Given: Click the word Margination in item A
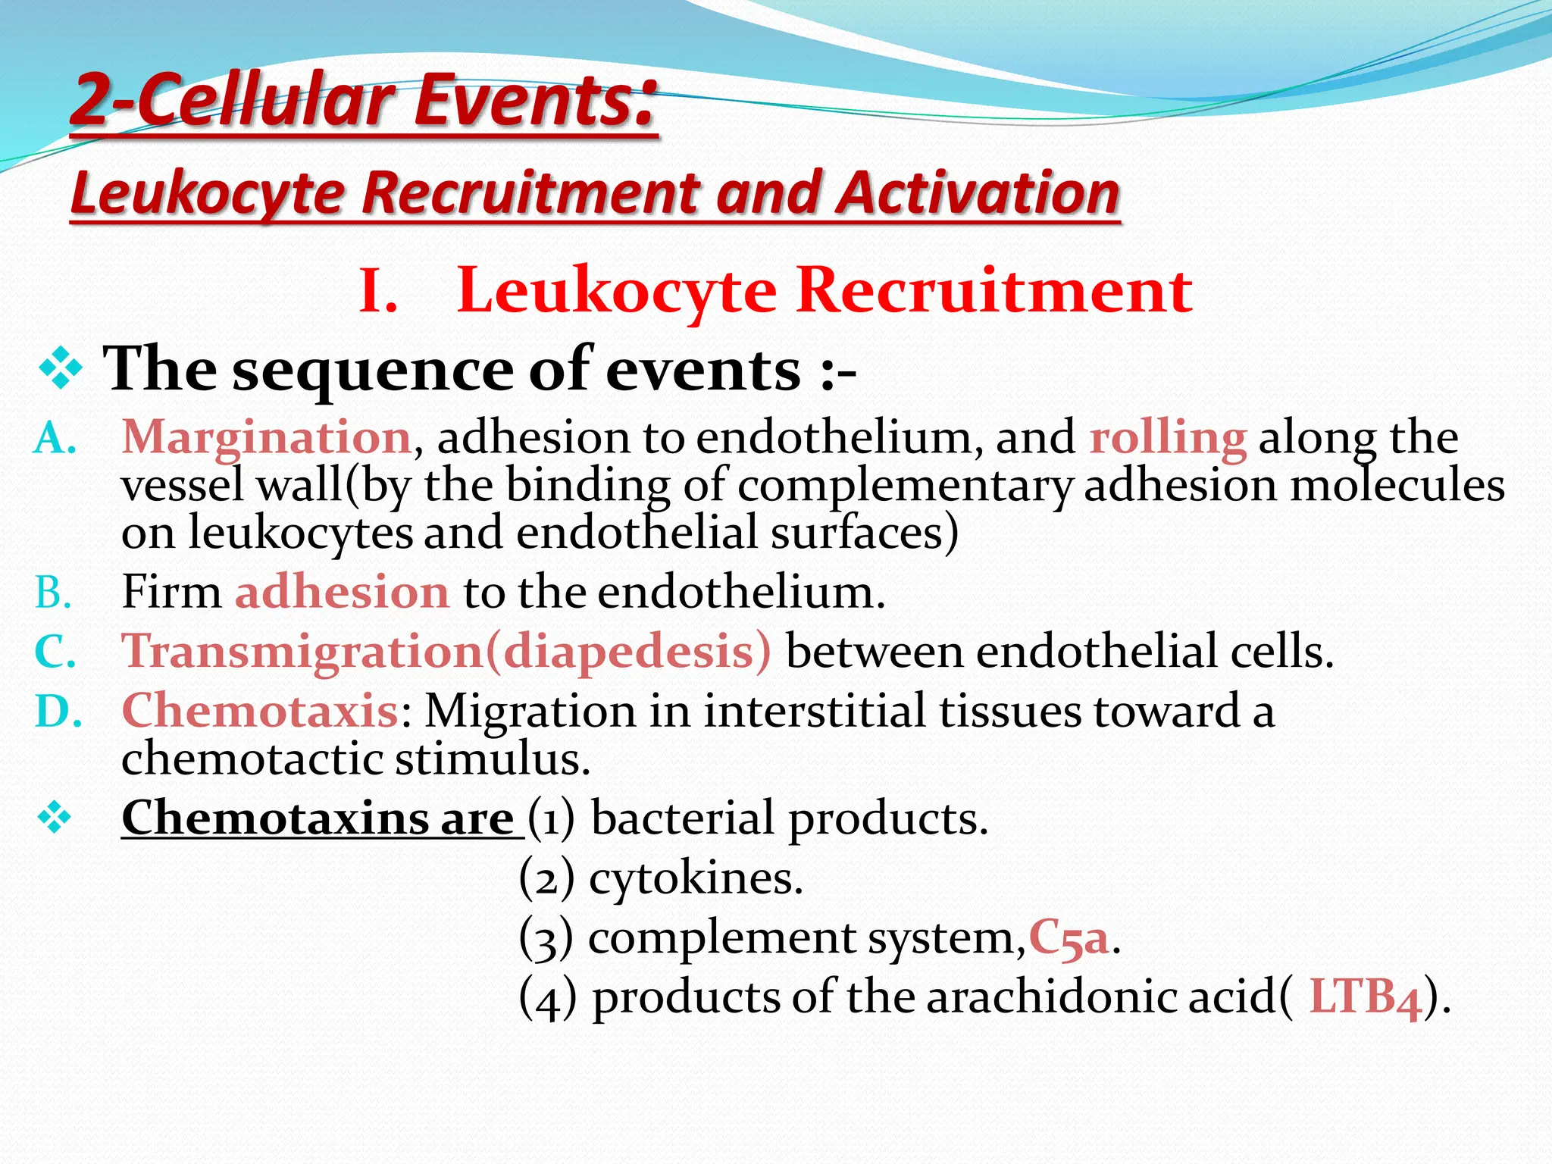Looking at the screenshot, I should (x=266, y=439).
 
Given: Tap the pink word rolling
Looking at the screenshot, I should (x=1168, y=439).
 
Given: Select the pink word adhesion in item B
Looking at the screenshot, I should (x=342, y=592).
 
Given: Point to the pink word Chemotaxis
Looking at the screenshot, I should (x=260, y=711).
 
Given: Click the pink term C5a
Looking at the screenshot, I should (x=1069, y=938).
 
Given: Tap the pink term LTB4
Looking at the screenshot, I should (x=1365, y=997).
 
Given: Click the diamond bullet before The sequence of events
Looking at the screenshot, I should (x=60, y=370).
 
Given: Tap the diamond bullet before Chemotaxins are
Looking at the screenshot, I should (x=55, y=818).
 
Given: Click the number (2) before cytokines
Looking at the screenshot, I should (x=546, y=879).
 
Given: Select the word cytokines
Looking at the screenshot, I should (x=695, y=879).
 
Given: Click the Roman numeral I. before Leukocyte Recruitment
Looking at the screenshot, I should (x=377, y=291).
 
